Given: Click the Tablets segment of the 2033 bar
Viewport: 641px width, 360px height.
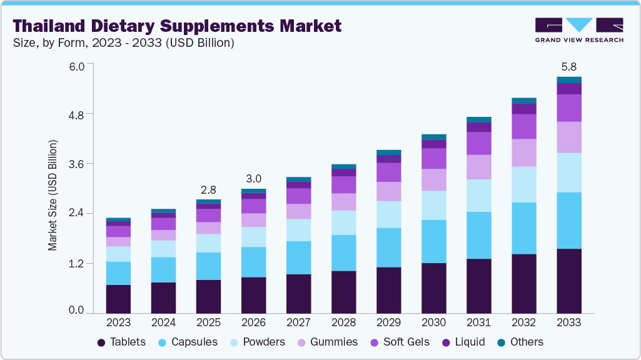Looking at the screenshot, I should (x=569, y=281).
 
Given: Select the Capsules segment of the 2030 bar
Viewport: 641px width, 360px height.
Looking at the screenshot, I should (x=434, y=241).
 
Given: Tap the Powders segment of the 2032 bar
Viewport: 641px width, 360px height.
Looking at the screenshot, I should (x=524, y=184).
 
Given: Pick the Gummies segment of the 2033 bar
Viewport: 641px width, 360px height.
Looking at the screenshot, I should (x=569, y=137).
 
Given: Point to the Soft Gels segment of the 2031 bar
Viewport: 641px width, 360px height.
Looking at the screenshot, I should (x=479, y=143).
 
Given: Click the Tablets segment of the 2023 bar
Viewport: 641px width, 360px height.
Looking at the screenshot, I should (x=119, y=299).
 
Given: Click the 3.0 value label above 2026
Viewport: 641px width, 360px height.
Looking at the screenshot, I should (x=254, y=177).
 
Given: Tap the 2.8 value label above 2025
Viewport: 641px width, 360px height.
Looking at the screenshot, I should (x=209, y=189).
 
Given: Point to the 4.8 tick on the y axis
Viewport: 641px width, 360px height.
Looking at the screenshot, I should (x=76, y=114).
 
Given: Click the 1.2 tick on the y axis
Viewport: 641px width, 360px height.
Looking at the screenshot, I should (x=76, y=263).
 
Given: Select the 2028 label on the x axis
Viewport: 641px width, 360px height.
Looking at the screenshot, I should (x=343, y=322).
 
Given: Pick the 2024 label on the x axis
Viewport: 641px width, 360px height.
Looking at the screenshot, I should (x=163, y=322).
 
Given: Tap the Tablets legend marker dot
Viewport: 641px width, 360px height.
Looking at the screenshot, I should (x=101, y=342).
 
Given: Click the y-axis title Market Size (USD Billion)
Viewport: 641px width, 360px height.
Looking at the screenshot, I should (x=53, y=196).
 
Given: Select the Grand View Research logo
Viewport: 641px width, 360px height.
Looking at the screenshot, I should (x=579, y=29).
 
